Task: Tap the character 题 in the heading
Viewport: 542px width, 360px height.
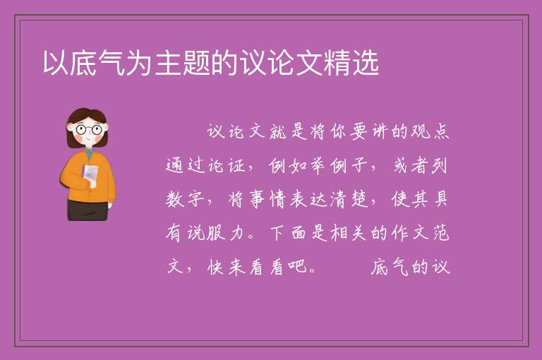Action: click(196, 63)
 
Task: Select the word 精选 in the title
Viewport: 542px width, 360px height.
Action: click(351, 63)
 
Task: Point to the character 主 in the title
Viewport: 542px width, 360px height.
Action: click(168, 63)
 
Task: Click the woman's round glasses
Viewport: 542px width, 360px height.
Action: click(88, 130)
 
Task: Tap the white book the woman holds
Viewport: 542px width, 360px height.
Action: click(90, 174)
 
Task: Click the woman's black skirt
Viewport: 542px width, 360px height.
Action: click(88, 210)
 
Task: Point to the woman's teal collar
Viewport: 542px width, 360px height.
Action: click(89, 153)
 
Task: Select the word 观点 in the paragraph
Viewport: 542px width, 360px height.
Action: click(430, 131)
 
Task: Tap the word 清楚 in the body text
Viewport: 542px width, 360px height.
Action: click(349, 199)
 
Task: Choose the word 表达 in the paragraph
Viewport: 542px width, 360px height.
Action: click(308, 199)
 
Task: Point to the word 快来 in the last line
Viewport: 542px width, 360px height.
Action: click(227, 267)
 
